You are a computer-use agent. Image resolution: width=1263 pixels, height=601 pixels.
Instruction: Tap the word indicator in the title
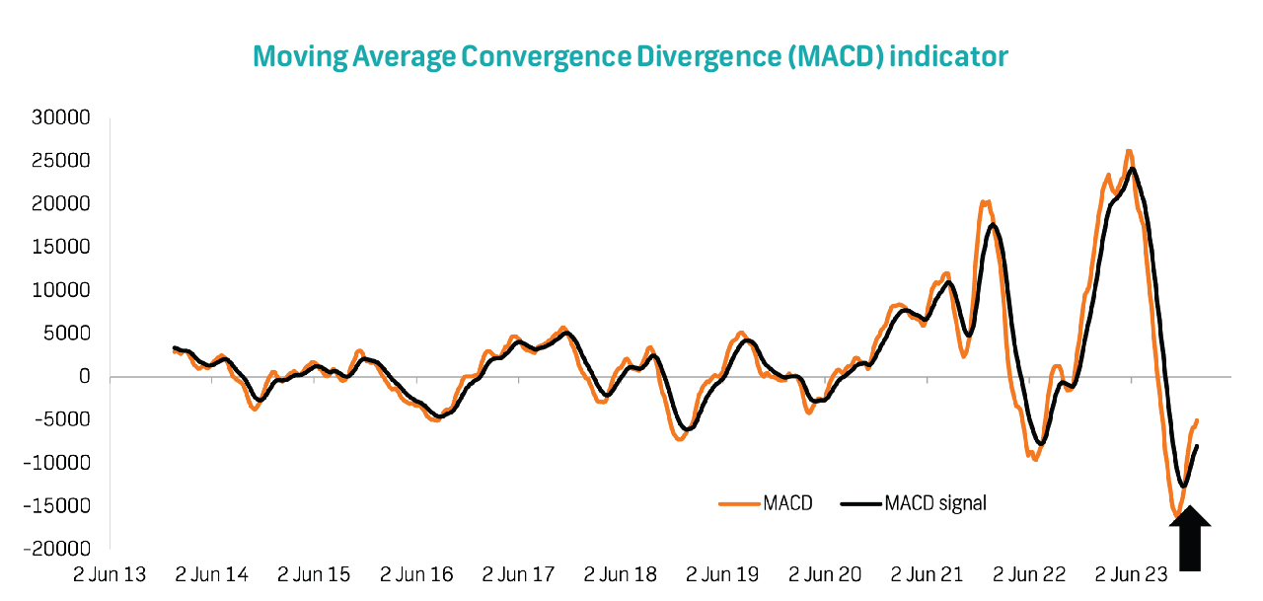click(x=949, y=56)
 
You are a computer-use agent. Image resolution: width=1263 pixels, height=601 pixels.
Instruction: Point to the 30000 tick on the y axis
click(x=62, y=117)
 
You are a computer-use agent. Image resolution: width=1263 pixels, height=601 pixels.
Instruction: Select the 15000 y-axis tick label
click(x=62, y=247)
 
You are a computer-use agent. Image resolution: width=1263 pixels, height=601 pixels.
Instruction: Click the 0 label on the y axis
click(x=86, y=377)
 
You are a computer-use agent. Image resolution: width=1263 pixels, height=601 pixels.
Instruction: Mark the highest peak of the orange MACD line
click(x=1128, y=152)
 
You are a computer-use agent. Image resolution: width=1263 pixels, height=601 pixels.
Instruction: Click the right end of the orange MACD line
click(x=1197, y=420)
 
